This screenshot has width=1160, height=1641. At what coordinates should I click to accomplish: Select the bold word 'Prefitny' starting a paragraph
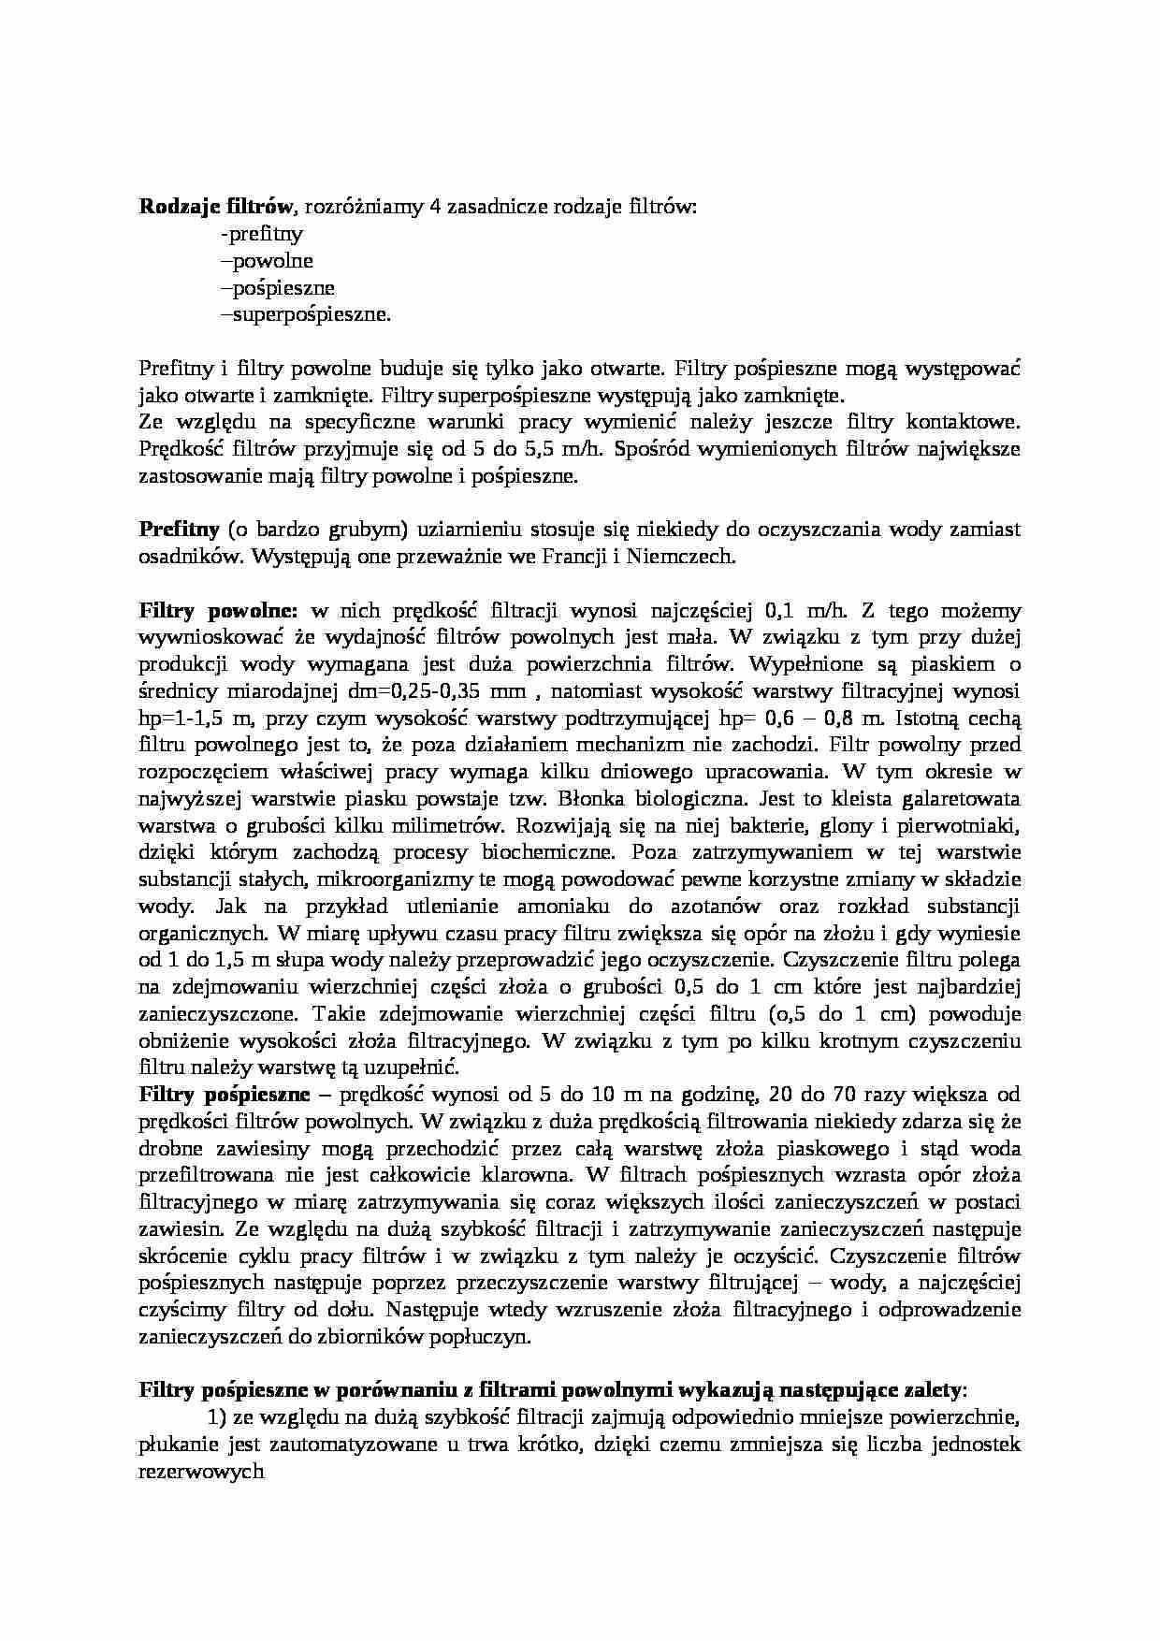pos(180,530)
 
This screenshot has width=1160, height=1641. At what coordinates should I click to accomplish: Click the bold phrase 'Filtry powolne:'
pos(218,611)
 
